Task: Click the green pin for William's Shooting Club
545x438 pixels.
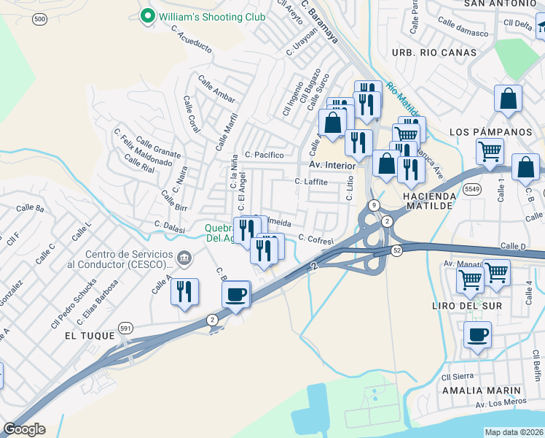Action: pos(148,15)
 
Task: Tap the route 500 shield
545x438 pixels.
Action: pos(39,18)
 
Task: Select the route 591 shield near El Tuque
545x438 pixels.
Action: pos(126,329)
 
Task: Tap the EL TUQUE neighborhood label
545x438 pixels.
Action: pos(90,336)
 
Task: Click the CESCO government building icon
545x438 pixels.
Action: pos(184,257)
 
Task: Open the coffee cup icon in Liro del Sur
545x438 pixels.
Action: pos(477,335)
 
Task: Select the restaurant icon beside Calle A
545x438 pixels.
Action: pos(184,292)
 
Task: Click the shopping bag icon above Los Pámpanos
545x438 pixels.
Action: pos(508,99)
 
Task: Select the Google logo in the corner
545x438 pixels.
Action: pos(24,429)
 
